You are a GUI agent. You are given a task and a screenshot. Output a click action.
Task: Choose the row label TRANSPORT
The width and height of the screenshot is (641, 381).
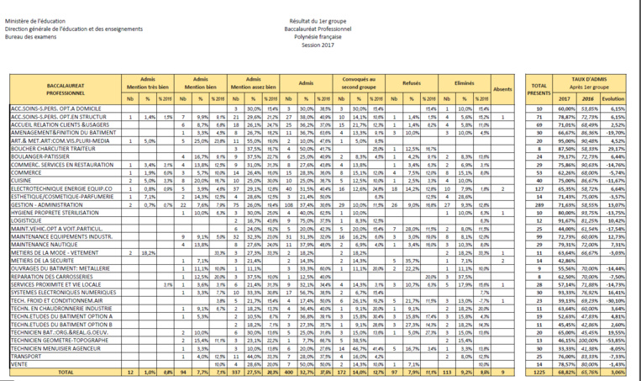(x=26, y=357)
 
